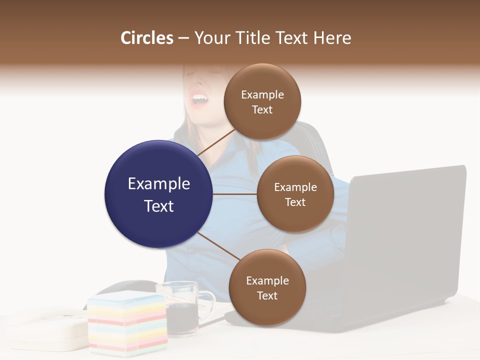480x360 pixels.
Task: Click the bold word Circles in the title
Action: (x=147, y=38)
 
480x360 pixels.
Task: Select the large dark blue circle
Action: (x=159, y=194)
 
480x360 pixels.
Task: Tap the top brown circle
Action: (x=262, y=101)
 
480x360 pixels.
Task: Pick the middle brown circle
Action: (x=295, y=194)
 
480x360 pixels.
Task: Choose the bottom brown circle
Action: (x=267, y=287)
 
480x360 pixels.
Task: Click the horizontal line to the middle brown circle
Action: (x=235, y=194)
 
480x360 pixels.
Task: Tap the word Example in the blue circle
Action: (x=159, y=184)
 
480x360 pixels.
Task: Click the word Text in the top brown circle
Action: (x=262, y=110)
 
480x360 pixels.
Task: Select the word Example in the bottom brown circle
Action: (x=267, y=280)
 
